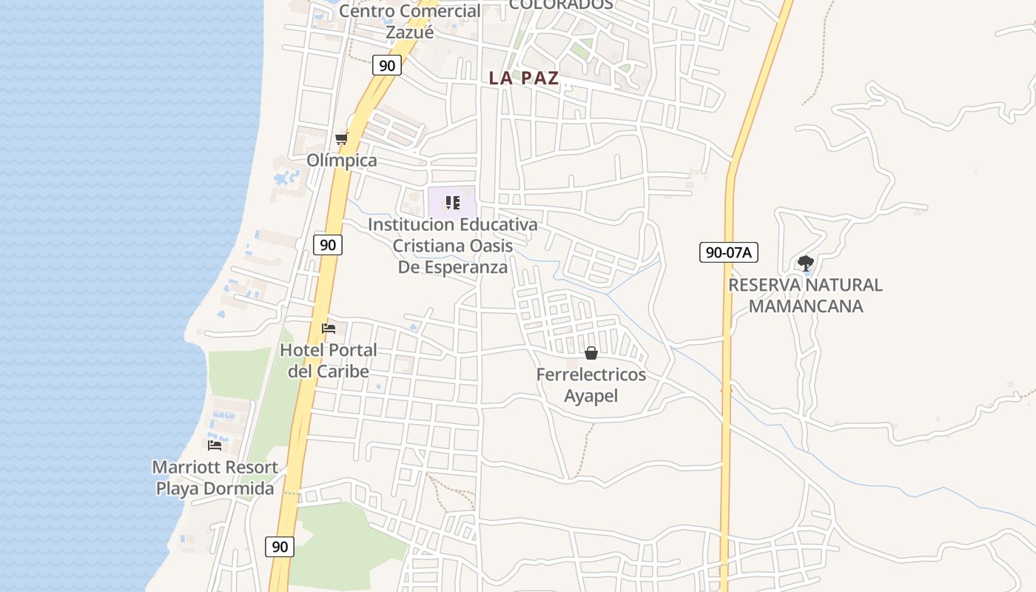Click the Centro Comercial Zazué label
coord(409,21)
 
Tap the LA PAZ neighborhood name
coord(524,78)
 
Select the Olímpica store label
coord(342,160)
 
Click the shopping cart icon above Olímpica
coord(341,139)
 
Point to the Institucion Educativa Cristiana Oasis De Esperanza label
coord(453,245)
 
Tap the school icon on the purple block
coord(453,203)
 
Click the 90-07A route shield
coord(728,252)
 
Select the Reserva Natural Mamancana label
coord(805,295)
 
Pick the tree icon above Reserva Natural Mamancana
coord(806,263)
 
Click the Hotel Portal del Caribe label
coord(328,360)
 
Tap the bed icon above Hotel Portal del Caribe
coord(329,328)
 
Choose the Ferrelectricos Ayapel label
coord(591,385)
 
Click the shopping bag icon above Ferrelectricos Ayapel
coord(591,353)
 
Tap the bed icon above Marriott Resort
coord(215,445)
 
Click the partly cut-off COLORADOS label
coord(561,4)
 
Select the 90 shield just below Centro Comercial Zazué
coord(386,65)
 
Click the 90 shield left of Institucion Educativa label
coord(327,244)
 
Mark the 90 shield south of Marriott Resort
coord(280,547)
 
